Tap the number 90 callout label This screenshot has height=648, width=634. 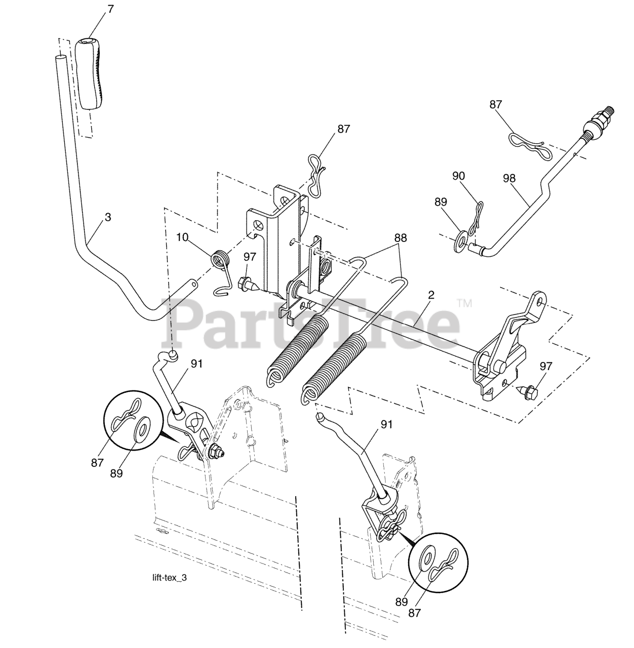pos(458,176)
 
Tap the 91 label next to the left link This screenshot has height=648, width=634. pos(197,363)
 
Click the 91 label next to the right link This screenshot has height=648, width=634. pos(386,425)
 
